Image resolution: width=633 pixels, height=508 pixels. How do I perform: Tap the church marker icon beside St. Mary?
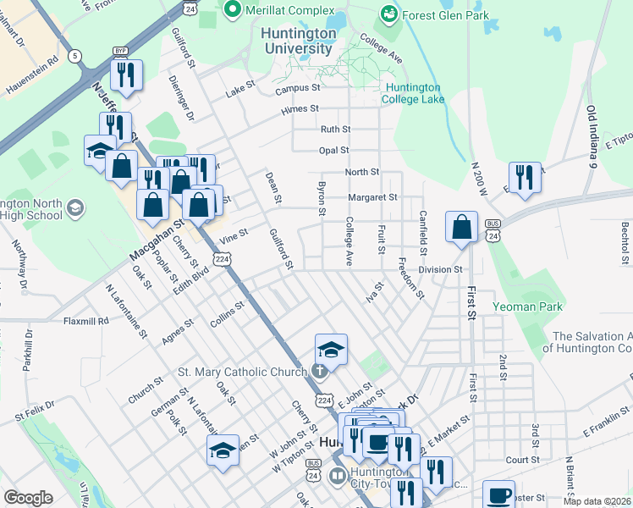click(320, 371)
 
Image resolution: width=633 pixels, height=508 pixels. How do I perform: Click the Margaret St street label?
click(372, 197)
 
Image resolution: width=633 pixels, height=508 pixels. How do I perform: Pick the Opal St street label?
click(334, 151)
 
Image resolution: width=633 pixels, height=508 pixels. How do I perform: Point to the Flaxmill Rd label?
click(86, 321)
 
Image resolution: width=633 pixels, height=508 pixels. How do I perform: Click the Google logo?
click(28, 498)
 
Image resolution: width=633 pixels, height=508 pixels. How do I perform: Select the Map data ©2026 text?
click(597, 501)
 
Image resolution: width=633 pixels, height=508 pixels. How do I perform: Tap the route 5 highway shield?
click(76, 56)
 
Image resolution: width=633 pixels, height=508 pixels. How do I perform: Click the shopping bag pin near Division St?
click(461, 227)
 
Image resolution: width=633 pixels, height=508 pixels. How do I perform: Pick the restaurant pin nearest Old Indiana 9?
click(524, 178)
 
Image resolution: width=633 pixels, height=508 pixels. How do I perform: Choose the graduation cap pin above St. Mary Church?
click(331, 349)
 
